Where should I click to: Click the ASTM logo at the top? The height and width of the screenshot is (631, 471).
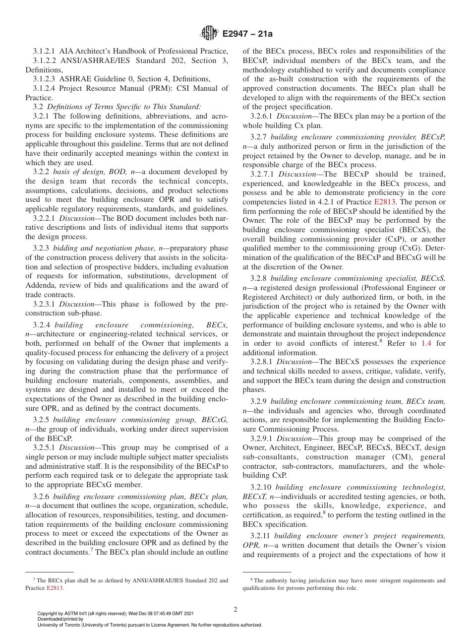(x=209, y=34)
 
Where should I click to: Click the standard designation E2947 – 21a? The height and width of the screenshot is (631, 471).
(x=246, y=34)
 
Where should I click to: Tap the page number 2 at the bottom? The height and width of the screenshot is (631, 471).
(x=235, y=610)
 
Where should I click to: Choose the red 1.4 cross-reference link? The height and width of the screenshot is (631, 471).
(x=426, y=343)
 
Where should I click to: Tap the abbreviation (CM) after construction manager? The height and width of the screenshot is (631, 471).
(x=382, y=457)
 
